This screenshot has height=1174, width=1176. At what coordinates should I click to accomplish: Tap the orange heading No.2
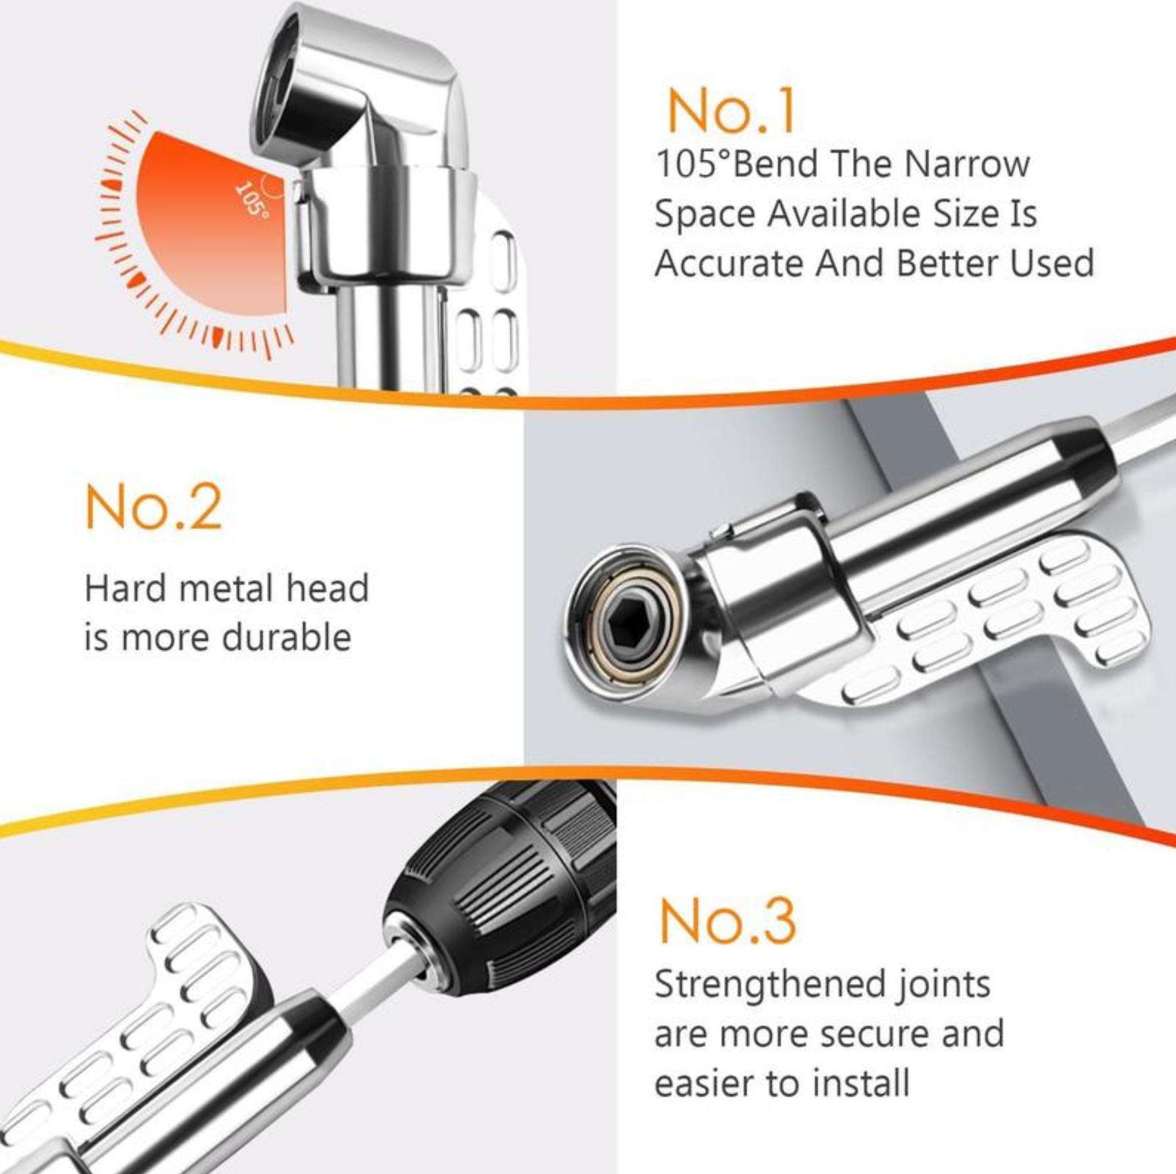pyautogui.click(x=153, y=508)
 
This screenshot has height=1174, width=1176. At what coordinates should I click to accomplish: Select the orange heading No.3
pyautogui.click(x=727, y=921)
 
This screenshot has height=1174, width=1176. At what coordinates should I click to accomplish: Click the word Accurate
pyautogui.click(x=728, y=263)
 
